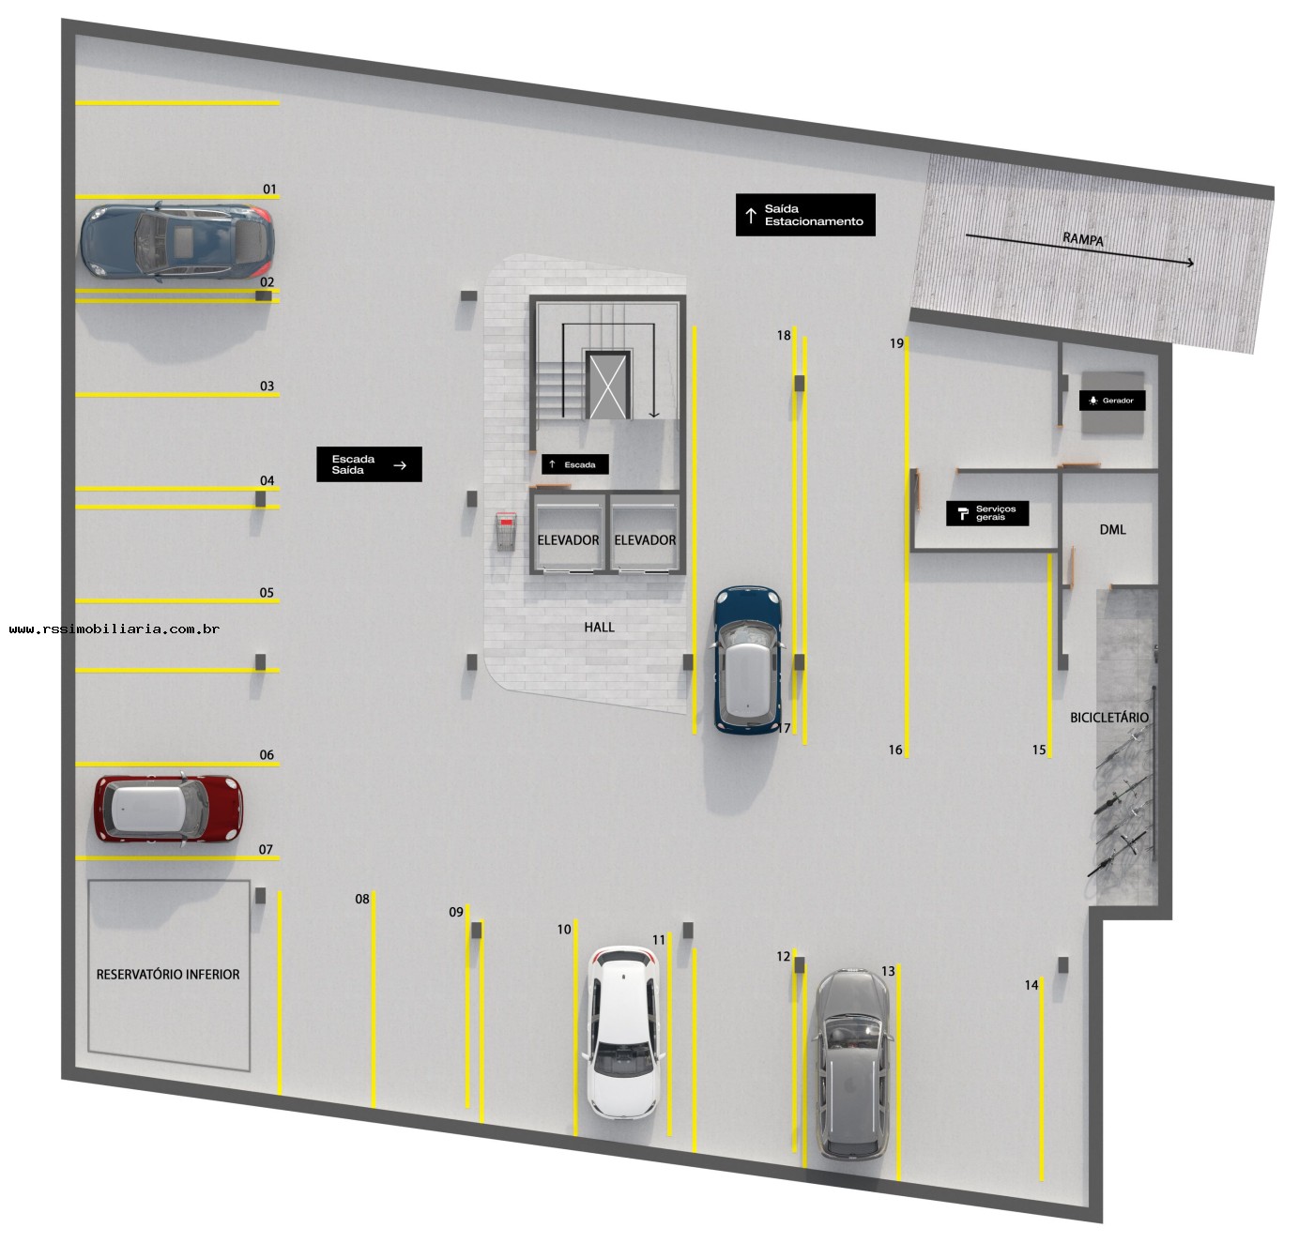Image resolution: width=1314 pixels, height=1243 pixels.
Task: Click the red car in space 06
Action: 168,808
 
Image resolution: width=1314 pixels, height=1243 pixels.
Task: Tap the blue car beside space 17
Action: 747,659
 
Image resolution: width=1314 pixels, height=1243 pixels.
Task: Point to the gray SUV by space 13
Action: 852,1064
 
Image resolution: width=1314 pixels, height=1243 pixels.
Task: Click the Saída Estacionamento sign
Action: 804,215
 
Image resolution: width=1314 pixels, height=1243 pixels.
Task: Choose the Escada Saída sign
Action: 369,463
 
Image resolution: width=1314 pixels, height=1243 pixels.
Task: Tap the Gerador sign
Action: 1111,401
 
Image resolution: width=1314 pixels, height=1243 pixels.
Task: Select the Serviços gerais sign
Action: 987,513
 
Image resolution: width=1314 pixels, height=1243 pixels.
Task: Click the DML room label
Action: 1112,529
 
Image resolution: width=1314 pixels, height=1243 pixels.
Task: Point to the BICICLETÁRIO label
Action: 1108,717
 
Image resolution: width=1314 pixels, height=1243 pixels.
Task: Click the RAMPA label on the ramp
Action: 1083,238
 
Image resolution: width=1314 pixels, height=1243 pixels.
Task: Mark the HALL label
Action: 599,627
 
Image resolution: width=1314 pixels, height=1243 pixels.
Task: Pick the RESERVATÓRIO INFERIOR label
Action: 168,975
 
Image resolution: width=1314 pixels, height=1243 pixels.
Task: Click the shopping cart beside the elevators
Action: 506,531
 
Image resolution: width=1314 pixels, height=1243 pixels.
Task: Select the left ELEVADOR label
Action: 568,540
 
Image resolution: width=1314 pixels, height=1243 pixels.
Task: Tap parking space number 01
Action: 269,189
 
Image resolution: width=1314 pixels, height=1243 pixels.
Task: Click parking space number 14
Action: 1031,985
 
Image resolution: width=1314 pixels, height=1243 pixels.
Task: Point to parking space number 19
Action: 896,343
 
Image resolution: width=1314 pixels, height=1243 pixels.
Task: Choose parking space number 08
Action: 361,899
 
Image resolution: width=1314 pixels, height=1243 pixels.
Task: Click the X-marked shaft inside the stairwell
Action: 607,386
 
